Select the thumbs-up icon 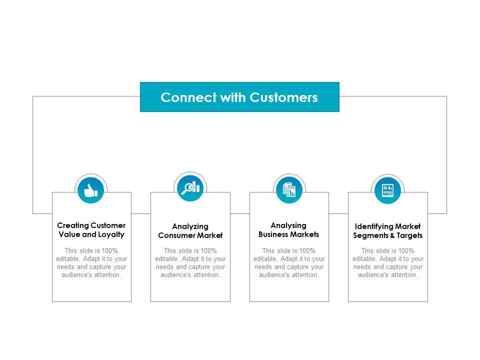click(x=91, y=190)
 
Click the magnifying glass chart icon click(x=190, y=188)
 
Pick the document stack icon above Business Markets click(x=289, y=190)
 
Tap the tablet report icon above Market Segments click(x=387, y=190)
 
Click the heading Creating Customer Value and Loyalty click(x=91, y=230)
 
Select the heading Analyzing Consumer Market click(x=190, y=231)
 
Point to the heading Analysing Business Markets click(x=288, y=230)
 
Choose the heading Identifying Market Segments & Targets click(x=387, y=231)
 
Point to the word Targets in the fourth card click(x=411, y=235)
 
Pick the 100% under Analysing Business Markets click(x=307, y=250)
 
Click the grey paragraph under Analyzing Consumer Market click(x=190, y=263)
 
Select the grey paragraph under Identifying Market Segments click(x=387, y=263)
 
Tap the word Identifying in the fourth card click(x=372, y=226)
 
